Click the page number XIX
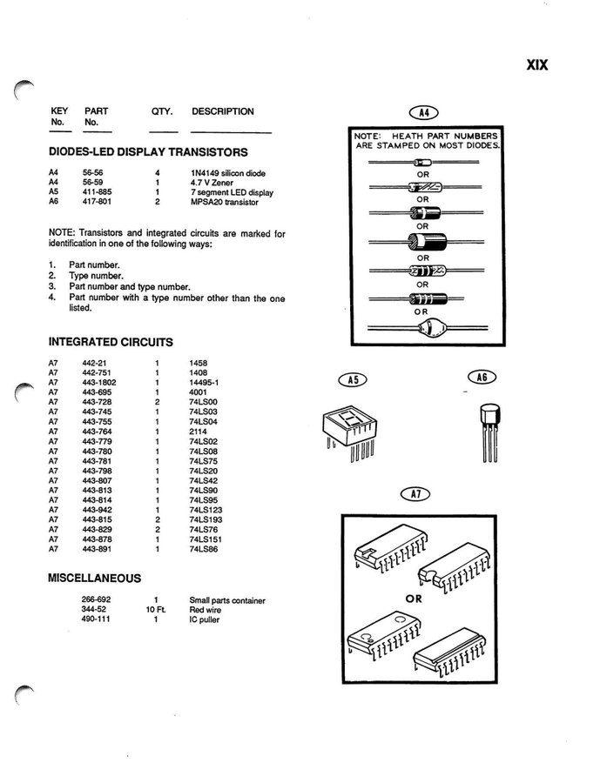(537, 65)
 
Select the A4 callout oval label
(423, 113)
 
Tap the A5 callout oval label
(353, 379)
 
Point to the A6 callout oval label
(482, 377)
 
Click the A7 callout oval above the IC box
(415, 494)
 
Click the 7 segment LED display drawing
(350, 431)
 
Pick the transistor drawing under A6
(490, 432)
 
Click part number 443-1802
(99, 383)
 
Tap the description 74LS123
(206, 510)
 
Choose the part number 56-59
(92, 183)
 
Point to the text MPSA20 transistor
(225, 202)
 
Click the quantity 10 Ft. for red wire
(156, 610)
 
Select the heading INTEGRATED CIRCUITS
(111, 342)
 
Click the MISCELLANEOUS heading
(95, 579)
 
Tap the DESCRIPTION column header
(223, 111)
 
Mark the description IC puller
(204, 619)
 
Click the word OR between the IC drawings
(414, 599)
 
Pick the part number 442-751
(97, 372)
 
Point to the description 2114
(198, 432)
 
